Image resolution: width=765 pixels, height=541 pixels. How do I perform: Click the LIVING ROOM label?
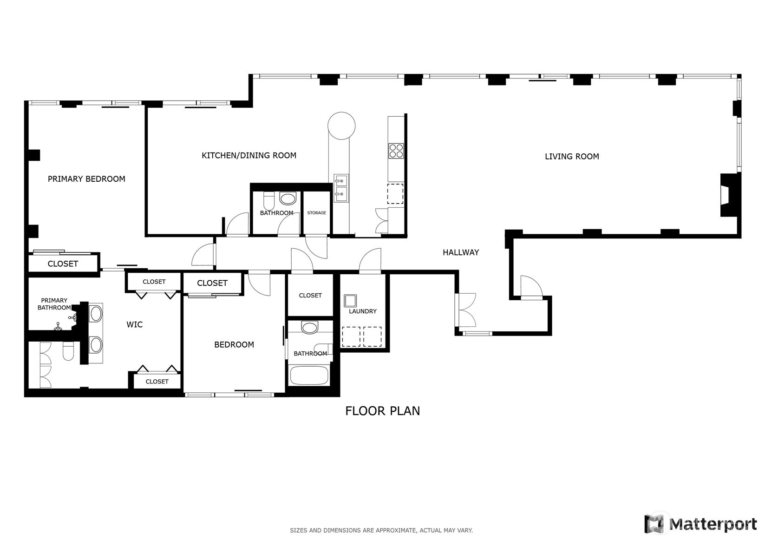coord(571,157)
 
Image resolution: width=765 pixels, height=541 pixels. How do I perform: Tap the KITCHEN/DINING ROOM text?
coord(248,155)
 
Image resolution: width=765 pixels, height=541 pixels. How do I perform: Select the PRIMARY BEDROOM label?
coord(86,179)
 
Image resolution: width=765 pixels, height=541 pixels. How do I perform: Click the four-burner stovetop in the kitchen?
coord(396,151)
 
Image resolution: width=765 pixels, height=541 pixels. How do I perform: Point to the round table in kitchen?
coord(341,125)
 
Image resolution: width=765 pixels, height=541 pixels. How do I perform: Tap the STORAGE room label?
coord(316,213)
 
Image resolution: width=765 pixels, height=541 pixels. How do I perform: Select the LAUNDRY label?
coord(362,311)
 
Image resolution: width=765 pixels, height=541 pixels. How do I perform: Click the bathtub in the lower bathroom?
coord(309,376)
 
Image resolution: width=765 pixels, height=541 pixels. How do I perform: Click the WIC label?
coord(134,324)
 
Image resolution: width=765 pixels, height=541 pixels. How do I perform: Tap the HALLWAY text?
coord(460,252)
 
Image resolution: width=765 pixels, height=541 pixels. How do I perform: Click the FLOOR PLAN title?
coord(382,411)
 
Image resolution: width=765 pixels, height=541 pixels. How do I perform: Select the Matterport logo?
coord(700,524)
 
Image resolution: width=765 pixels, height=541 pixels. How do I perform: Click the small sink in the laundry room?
coord(350,301)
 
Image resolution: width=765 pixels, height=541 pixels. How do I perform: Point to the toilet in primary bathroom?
coord(68,351)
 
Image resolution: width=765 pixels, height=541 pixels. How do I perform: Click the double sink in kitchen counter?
coord(341,188)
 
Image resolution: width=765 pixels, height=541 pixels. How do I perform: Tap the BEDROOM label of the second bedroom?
coord(234,344)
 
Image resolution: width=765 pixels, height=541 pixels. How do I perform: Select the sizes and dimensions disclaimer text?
coord(381,530)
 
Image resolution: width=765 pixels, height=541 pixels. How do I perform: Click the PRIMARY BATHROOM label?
coord(54,304)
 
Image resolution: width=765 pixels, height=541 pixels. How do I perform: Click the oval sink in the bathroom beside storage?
coord(288,199)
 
